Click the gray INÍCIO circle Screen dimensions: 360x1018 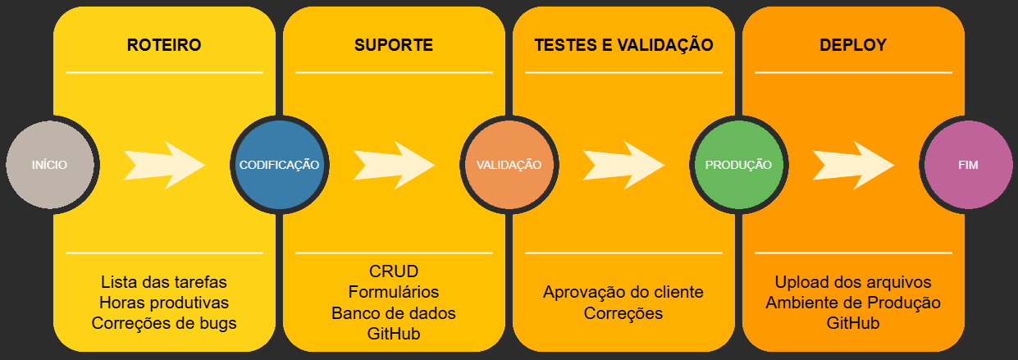tap(50, 165)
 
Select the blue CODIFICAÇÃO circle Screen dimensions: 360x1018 tap(279, 165)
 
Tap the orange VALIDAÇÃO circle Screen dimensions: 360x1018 tap(509, 165)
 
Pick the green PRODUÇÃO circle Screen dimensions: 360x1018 tap(738, 165)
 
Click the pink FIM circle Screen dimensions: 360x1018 tap(968, 165)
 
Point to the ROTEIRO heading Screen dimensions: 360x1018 tap(164, 45)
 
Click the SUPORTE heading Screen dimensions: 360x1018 tap(394, 45)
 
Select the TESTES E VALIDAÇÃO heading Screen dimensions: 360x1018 tap(623, 45)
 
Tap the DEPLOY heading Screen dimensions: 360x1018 tap(853, 45)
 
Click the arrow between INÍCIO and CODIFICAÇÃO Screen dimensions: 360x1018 tap(165, 165)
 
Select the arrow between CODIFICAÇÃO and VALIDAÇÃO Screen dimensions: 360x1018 tap(395, 165)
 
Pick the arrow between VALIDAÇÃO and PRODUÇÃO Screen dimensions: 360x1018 tap(624, 165)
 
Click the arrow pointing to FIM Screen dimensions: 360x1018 tap(854, 165)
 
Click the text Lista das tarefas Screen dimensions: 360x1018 tap(164, 282)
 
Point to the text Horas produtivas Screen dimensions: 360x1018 tap(164, 303)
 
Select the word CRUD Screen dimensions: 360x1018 tap(394, 271)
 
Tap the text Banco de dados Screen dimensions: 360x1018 tap(394, 313)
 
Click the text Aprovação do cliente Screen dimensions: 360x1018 tap(623, 292)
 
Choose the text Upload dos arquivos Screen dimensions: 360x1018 tap(853, 282)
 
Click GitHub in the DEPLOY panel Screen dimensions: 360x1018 tap(853, 323)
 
